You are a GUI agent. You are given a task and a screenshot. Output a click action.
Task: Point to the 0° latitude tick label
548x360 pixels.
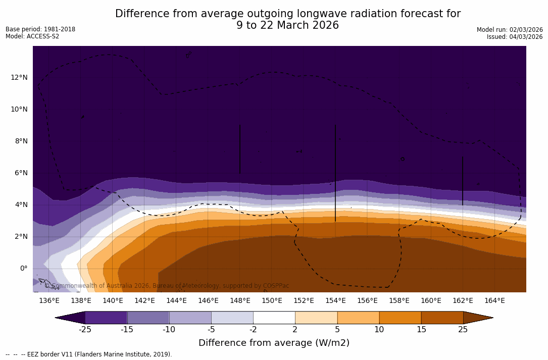[24, 268]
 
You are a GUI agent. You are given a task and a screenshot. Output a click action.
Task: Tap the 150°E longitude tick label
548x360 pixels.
[272, 300]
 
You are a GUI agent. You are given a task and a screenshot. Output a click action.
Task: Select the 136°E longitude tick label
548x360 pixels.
[49, 300]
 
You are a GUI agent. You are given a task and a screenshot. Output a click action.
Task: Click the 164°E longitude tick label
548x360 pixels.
[494, 300]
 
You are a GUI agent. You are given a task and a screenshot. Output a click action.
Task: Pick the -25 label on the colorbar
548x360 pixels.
[85, 330]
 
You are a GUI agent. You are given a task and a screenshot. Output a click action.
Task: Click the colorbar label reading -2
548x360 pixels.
[253, 330]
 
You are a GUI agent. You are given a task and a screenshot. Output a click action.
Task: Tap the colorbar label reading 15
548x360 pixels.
[421, 330]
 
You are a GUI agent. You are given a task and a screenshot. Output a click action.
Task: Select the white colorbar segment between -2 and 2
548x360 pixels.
[274, 318]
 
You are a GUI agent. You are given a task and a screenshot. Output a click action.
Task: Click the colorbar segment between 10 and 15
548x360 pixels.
[400, 318]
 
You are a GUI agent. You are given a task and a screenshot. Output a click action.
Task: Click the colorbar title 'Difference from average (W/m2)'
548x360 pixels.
[274, 343]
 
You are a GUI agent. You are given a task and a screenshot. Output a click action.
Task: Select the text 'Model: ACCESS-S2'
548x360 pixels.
[32, 36]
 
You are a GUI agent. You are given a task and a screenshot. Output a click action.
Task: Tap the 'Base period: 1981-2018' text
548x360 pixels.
[40, 29]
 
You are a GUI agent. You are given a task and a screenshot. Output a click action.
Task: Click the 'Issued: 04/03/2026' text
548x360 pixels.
[514, 37]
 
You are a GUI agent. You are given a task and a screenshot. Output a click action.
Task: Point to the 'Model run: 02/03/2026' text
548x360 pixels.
[510, 30]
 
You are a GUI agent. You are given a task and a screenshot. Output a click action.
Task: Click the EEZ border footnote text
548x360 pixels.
[89, 354]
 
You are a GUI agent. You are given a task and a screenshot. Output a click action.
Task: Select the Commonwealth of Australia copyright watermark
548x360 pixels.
[167, 286]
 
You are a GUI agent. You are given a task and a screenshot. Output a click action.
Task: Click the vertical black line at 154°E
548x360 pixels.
[335, 172]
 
